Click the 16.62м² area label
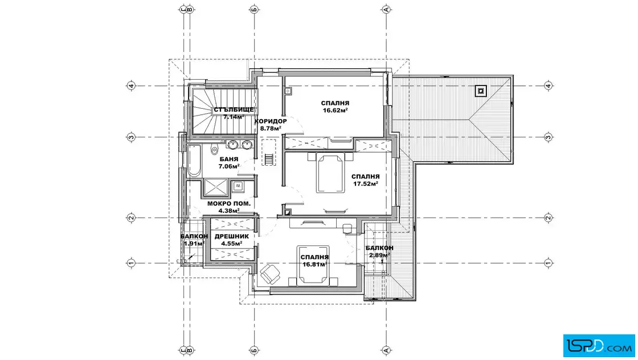[x=335, y=111]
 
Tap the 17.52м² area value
[x=365, y=183]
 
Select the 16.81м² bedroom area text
[x=314, y=264]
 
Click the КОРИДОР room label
[x=271, y=121]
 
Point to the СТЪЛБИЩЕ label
[x=234, y=109]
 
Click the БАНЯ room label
[x=228, y=159]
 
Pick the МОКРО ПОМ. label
[x=228, y=203]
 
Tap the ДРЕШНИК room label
[x=231, y=236]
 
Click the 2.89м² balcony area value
[x=379, y=255]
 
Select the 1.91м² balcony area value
[x=194, y=243]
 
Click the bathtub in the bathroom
[x=194, y=160]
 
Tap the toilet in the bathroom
[x=214, y=150]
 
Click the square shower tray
[x=216, y=187]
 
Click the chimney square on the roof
[x=481, y=91]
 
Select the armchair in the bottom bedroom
[x=270, y=274]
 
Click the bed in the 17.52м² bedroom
[x=330, y=173]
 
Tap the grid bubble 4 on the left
[x=130, y=86]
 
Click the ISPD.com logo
[x=599, y=345]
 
